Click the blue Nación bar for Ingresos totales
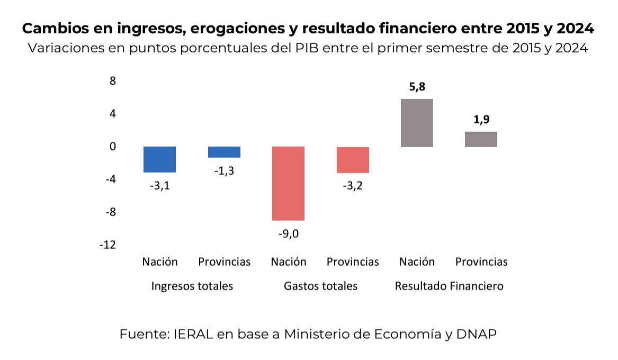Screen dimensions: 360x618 pyautogui.click(x=159, y=159)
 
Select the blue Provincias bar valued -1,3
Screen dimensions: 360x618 pyautogui.click(x=224, y=152)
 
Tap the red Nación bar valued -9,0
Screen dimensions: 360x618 pyautogui.click(x=288, y=183)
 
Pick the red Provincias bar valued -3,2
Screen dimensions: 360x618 pyautogui.click(x=353, y=160)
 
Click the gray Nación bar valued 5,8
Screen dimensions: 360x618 pyautogui.click(x=417, y=123)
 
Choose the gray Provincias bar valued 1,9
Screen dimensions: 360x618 pyautogui.click(x=481, y=139)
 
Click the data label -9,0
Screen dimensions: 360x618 pyautogui.click(x=288, y=234)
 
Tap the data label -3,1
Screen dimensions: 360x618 pyautogui.click(x=159, y=186)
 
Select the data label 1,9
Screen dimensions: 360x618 pyautogui.click(x=481, y=120)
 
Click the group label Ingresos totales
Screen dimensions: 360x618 pyautogui.click(x=192, y=286)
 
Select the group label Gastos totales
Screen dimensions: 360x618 pyautogui.click(x=320, y=286)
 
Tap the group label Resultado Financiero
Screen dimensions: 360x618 pyautogui.click(x=449, y=286)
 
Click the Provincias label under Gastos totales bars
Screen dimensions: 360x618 pyautogui.click(x=353, y=262)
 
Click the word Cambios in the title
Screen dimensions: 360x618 pyautogui.click(x=52, y=28)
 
